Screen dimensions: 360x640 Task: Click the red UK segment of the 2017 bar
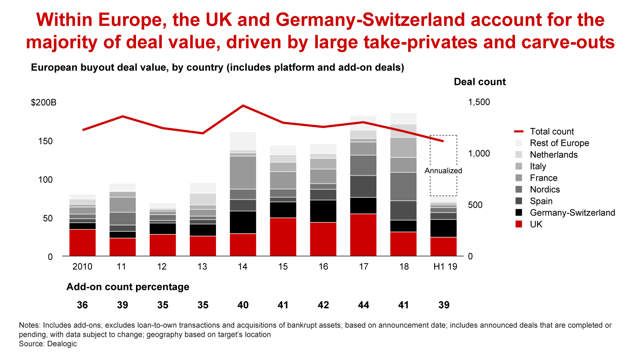(x=363, y=235)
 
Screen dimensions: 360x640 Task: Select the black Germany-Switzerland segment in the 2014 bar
(x=243, y=222)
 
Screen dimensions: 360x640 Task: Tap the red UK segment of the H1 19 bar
(x=444, y=247)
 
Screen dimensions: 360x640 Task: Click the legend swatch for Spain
(x=518, y=201)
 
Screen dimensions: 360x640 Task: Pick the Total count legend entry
(x=552, y=132)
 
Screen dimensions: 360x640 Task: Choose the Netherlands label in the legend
(x=554, y=155)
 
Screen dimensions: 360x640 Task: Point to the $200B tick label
(x=44, y=103)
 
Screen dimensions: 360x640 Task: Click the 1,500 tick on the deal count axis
(x=479, y=102)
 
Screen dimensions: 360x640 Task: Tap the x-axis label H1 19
(x=444, y=267)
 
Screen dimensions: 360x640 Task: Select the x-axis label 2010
(x=82, y=267)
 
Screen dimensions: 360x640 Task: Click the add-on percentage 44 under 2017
(x=363, y=305)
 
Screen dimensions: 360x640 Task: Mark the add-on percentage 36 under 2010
(x=82, y=305)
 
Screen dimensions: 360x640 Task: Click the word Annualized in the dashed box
(x=443, y=171)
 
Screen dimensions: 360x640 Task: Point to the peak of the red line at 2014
(x=243, y=106)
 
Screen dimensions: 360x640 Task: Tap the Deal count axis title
(x=480, y=82)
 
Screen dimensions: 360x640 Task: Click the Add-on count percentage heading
(x=128, y=287)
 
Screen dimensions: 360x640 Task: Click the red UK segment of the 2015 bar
(x=283, y=237)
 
